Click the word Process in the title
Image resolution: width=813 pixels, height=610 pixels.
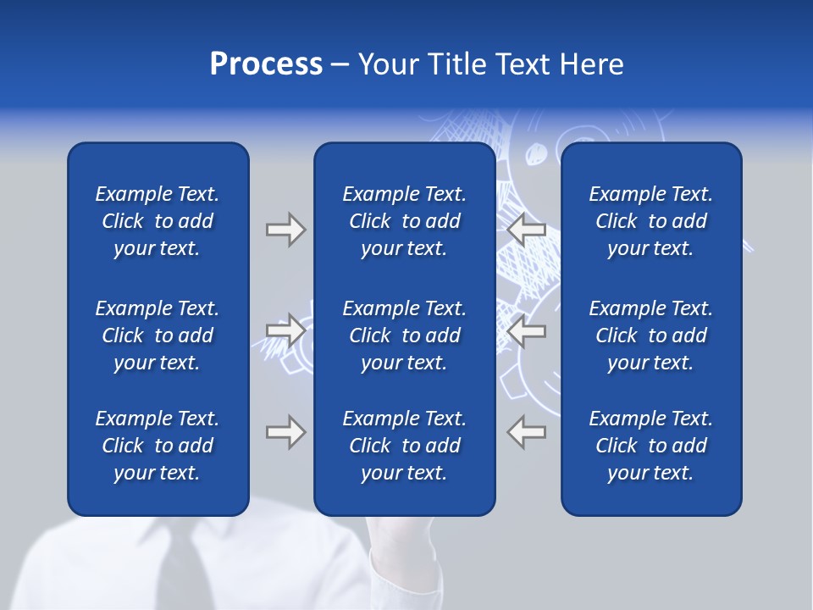266,64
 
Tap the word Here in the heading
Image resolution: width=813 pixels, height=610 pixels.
590,64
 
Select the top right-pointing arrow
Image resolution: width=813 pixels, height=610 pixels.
285,230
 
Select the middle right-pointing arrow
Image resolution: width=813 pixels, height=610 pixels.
285,330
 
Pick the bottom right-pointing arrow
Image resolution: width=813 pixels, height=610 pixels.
285,432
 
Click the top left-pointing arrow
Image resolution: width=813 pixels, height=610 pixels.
526,230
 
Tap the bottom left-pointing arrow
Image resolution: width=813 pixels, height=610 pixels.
526,432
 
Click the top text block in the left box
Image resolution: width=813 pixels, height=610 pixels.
158,221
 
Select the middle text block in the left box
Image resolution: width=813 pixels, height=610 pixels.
158,335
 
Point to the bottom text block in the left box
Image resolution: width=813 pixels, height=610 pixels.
158,446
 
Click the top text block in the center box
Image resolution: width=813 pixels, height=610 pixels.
404,221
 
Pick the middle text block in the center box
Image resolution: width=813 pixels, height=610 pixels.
404,335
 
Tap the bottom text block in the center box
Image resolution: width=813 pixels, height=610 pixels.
404,446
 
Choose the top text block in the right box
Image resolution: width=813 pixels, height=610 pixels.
650,221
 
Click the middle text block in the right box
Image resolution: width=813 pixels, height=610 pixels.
650,335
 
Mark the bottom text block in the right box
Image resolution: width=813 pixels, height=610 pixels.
650,446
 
